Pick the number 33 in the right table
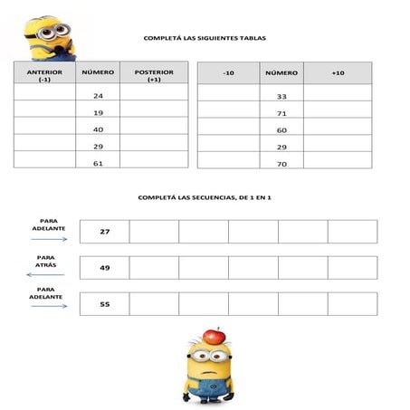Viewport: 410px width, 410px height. tap(281, 96)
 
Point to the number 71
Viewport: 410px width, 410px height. tap(281, 113)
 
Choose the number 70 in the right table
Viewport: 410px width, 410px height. tap(281, 164)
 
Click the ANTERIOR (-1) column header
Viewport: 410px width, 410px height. tap(44, 74)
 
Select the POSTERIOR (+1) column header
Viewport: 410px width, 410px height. tap(153, 74)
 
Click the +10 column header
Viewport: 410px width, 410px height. tap(338, 72)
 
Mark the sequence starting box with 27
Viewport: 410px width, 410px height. tap(105, 232)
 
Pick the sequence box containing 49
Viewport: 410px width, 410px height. tap(105, 268)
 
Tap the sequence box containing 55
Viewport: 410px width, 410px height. tap(105, 304)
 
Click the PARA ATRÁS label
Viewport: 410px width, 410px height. tap(46, 260)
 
